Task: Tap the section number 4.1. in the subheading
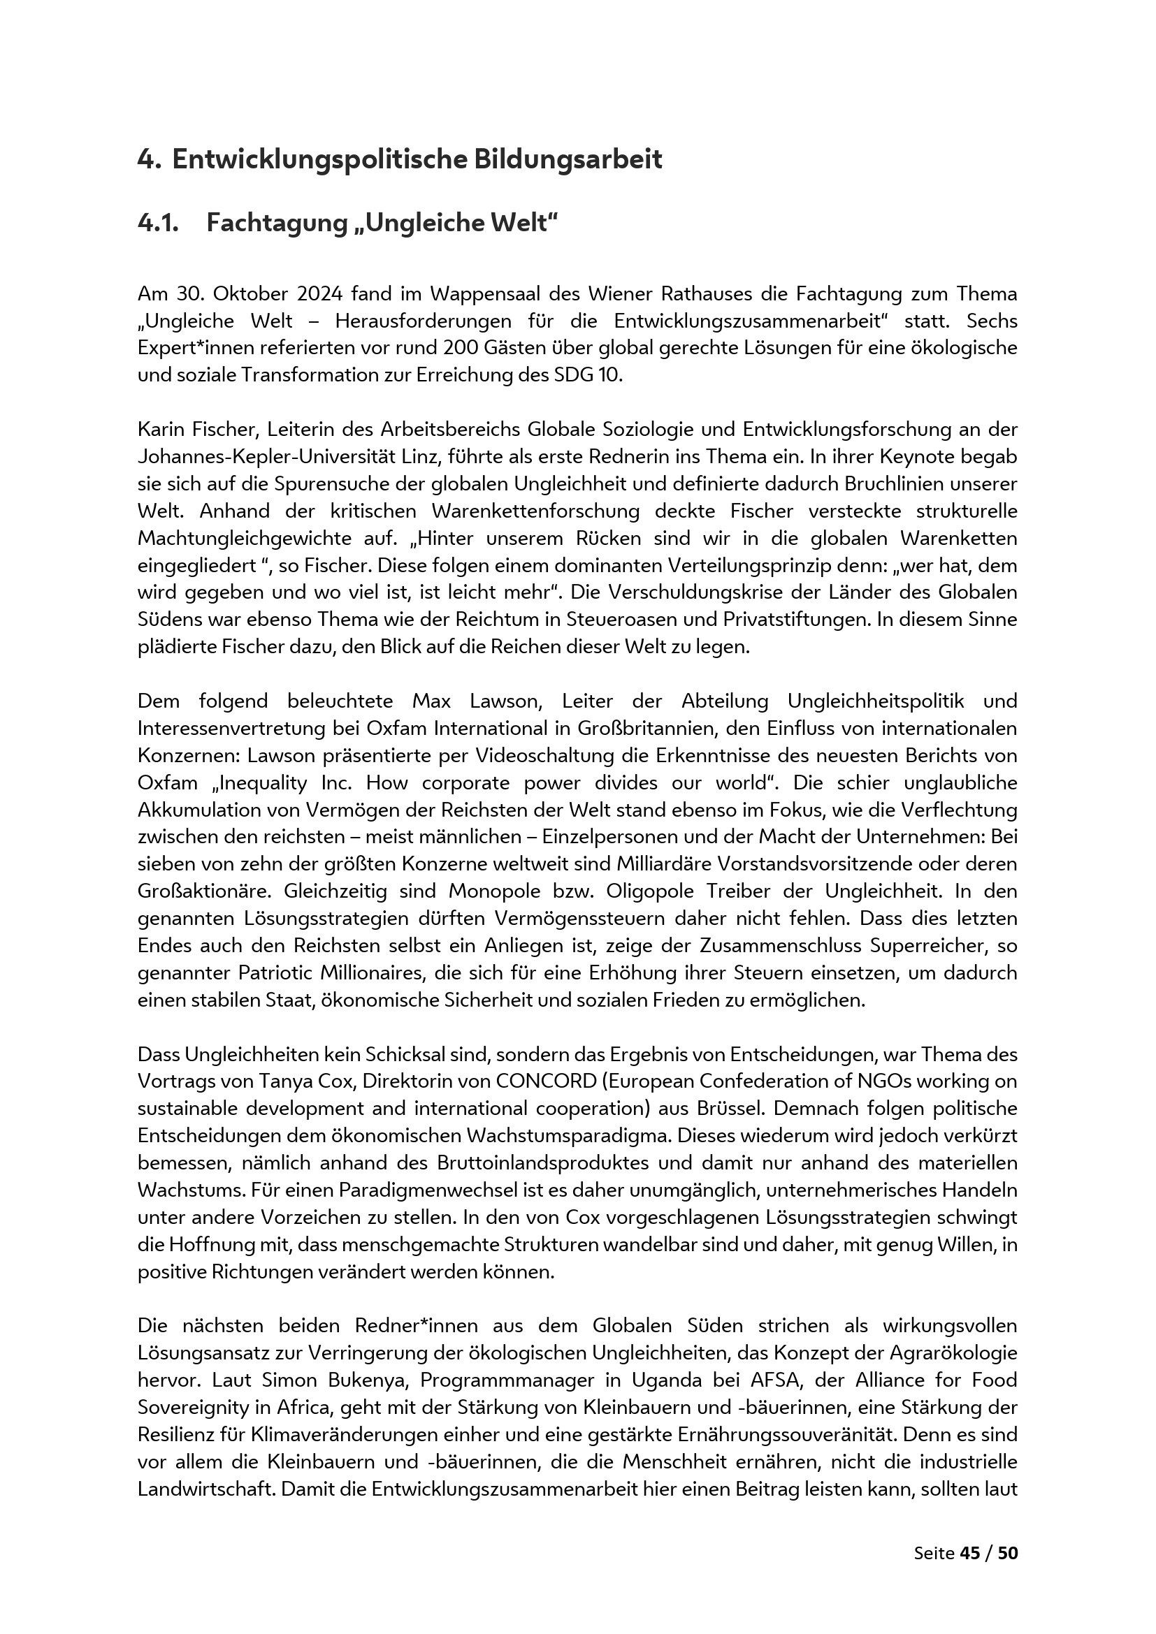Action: (x=158, y=223)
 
